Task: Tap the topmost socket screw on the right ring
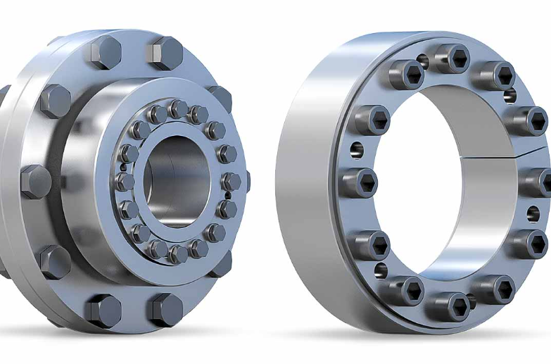tap(451, 58)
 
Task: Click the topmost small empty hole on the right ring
tap(422, 62)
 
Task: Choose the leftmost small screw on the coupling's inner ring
tap(125, 182)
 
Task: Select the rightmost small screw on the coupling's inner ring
tap(231, 182)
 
